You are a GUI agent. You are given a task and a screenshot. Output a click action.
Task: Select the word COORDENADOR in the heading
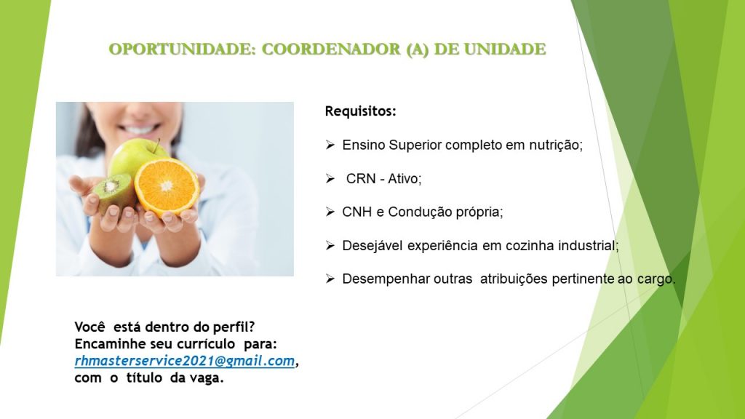[332, 49]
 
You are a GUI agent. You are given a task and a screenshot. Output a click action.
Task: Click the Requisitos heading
[360, 111]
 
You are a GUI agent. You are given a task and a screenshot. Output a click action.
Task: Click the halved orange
[167, 187]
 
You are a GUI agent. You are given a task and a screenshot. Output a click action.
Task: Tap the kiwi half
[113, 191]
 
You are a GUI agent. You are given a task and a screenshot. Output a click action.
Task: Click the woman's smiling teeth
[142, 129]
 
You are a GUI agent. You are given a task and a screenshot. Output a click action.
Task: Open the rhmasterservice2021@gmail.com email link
[184, 361]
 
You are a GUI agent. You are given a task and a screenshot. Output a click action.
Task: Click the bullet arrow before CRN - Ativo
[330, 179]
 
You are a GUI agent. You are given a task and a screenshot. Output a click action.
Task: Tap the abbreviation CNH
[356, 212]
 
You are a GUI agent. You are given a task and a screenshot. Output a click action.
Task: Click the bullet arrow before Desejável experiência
[330, 246]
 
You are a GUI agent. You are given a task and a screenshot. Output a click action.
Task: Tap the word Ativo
[404, 179]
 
